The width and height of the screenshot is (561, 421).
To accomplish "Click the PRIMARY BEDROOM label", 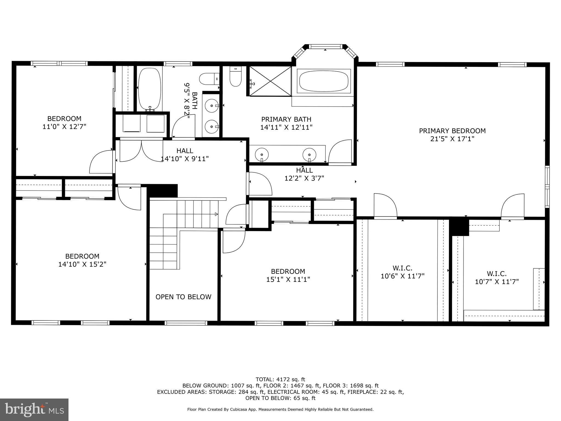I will coord(452,131).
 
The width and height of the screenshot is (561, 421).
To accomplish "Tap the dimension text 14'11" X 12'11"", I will coord(286,127).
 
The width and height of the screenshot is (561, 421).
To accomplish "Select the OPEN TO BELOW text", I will coord(183,297).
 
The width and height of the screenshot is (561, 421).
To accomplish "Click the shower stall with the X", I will coord(270,81).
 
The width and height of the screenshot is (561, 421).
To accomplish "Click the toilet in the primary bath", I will coord(235,77).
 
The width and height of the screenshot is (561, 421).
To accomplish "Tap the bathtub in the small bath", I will coord(149,89).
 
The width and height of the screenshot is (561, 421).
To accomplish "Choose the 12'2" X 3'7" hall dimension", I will coord(304,178).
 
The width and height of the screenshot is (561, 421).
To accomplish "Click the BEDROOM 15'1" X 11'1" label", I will coord(288,275).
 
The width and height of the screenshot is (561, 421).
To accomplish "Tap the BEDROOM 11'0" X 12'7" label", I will coord(64,123).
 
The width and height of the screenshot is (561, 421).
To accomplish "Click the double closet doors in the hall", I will coord(141,151).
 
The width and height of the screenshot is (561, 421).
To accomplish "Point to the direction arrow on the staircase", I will coord(216,214).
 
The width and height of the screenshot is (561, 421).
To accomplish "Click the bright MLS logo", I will coord(34,409).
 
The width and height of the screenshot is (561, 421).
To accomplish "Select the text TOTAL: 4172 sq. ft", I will coord(280,380).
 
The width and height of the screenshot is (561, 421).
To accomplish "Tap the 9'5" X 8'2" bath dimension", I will coord(187,101).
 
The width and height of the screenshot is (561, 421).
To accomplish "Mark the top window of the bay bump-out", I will coord(325,47).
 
